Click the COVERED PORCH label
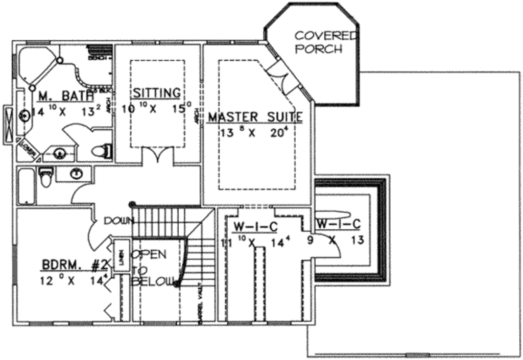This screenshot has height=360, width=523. [x=326, y=42]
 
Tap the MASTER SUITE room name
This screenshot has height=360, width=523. [x=255, y=117]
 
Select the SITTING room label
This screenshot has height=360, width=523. [x=156, y=93]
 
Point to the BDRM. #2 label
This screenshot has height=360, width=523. [x=74, y=265]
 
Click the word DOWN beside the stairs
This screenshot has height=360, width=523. [x=118, y=221]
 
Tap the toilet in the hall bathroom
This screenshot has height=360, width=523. [x=45, y=177]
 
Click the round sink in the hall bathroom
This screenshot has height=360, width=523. [x=77, y=174]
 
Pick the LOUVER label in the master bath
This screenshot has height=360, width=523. [x=28, y=148]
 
